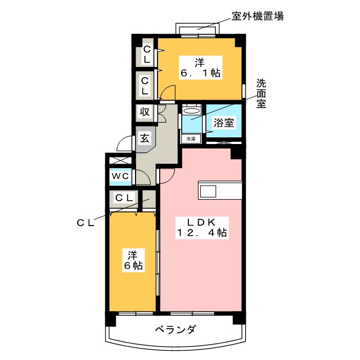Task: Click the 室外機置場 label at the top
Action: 258,16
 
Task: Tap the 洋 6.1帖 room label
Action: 200,67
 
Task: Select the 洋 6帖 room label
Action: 133,260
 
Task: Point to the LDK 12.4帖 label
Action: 202,228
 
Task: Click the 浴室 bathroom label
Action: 224,123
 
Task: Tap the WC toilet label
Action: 120,176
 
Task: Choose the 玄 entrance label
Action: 145,138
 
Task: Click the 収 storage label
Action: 145,112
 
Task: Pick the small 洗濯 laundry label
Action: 191,139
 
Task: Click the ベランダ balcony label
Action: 175,330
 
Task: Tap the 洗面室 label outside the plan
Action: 261,94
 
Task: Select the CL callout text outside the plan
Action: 85,223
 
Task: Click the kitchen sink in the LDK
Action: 208,191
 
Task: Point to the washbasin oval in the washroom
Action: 191,111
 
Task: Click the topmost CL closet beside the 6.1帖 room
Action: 146,55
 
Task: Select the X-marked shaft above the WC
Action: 120,160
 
